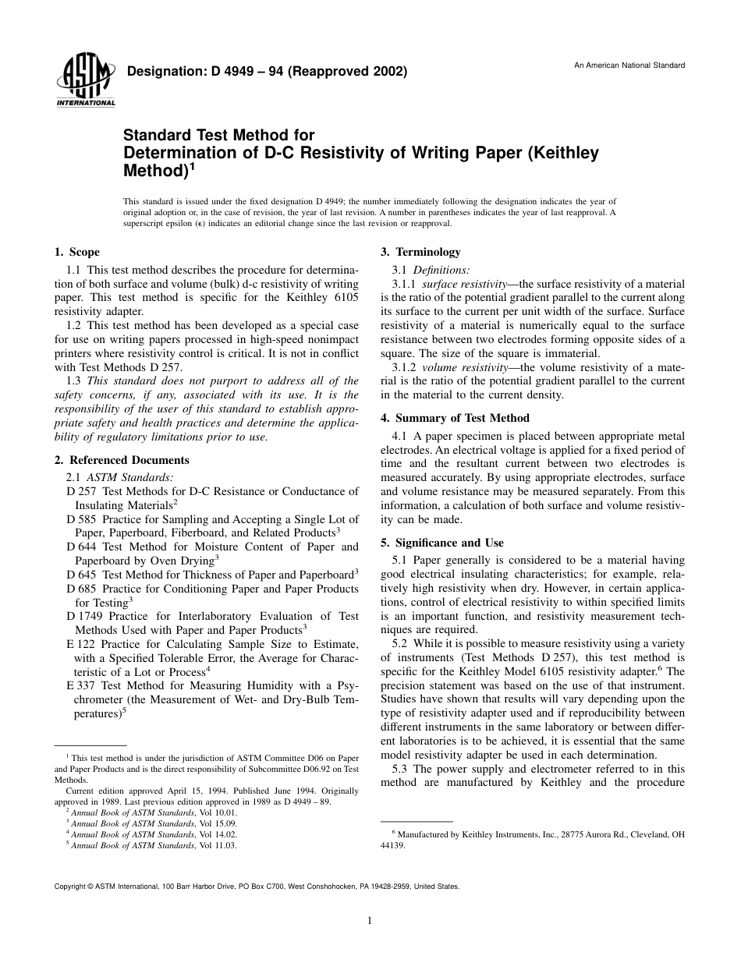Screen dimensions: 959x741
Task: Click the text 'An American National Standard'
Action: tap(629, 65)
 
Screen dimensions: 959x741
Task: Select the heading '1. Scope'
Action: tap(76, 252)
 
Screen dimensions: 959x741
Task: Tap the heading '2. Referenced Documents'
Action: tap(122, 460)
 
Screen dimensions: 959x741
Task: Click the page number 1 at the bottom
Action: tap(370, 921)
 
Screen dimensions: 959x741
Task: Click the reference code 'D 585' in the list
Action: tap(81, 519)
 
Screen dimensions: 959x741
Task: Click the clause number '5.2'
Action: tap(400, 643)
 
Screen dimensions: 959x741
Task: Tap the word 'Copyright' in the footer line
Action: tap(69, 886)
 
